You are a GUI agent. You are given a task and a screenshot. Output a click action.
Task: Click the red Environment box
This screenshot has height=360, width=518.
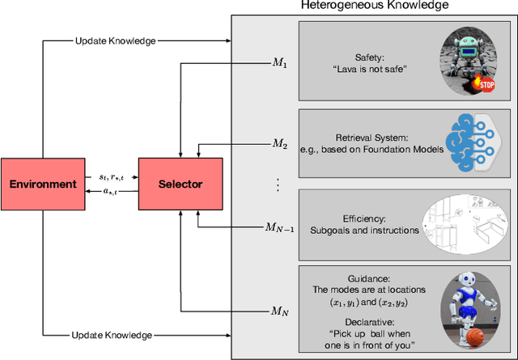(43, 184)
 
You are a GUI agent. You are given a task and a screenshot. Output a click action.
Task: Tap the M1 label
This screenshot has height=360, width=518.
(278, 63)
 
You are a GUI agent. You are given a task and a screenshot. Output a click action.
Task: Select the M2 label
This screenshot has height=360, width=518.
(278, 144)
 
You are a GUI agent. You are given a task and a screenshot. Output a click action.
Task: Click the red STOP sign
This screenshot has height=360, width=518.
(486, 83)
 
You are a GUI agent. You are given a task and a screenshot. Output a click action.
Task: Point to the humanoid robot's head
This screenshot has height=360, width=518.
(467, 278)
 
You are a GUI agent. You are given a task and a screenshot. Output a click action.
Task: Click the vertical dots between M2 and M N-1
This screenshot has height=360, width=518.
(278, 185)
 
